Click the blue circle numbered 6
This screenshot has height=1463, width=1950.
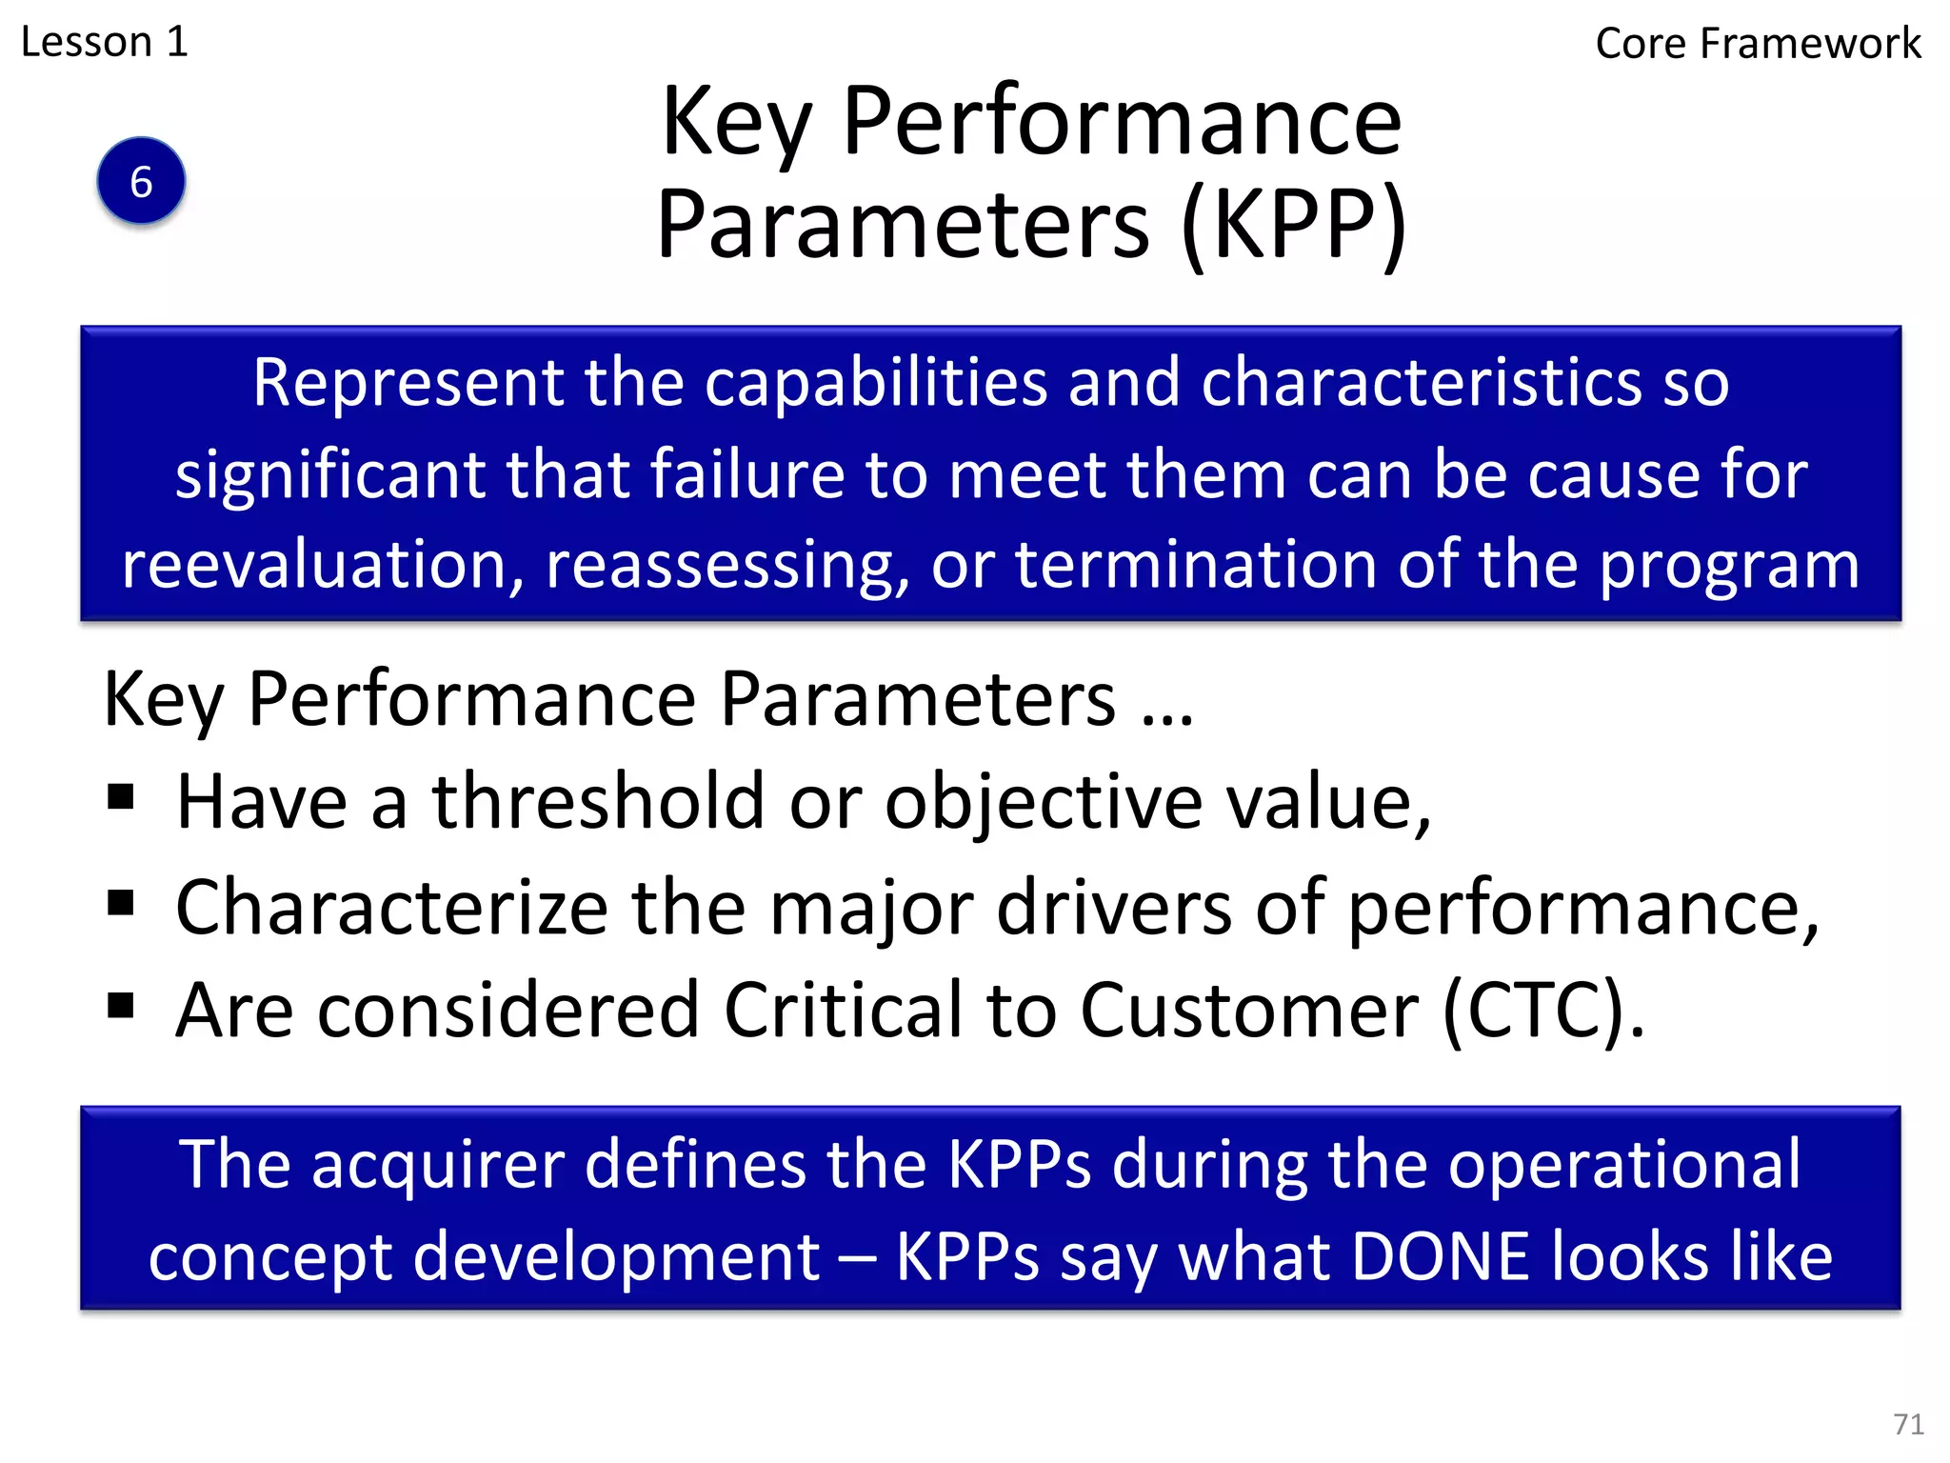click(x=141, y=181)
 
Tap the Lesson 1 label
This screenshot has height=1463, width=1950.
click(x=105, y=42)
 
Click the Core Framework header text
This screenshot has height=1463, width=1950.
click(x=1758, y=44)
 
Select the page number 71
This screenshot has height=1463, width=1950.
click(x=1908, y=1424)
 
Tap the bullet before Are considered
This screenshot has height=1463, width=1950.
click(x=121, y=1005)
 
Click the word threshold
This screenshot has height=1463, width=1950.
click(x=599, y=802)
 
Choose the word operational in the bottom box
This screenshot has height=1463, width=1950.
click(x=1624, y=1165)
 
